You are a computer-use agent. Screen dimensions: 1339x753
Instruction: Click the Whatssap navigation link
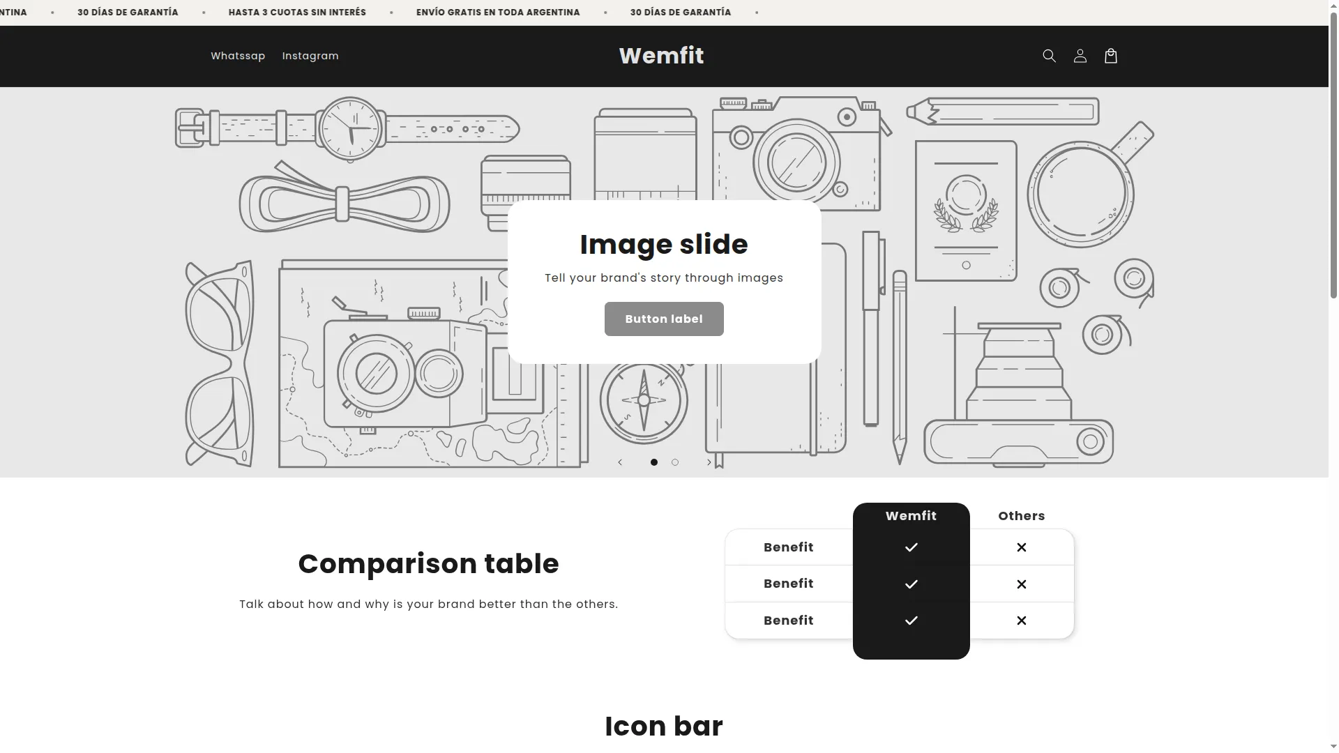(x=238, y=56)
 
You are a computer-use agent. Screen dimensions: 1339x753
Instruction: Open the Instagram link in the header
(x=310, y=56)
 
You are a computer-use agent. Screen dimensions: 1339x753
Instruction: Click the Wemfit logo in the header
(x=661, y=56)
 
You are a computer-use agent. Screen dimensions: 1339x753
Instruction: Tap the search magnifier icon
(x=1049, y=56)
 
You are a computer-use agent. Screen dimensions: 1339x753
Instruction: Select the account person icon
(x=1080, y=56)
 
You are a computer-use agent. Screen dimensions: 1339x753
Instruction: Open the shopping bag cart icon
(x=1111, y=56)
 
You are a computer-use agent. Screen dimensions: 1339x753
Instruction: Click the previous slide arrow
(x=620, y=462)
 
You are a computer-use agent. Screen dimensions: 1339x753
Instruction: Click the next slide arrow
(x=709, y=462)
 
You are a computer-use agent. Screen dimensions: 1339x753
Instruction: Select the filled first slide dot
(x=654, y=462)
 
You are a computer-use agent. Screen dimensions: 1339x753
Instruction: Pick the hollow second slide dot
(x=675, y=462)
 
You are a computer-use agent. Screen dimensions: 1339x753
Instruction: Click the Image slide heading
(x=664, y=245)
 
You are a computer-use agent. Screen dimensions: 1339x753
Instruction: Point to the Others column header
(x=1022, y=516)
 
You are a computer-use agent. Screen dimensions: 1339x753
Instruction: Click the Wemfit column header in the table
(x=911, y=516)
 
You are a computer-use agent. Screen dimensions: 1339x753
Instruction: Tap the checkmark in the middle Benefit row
(x=911, y=584)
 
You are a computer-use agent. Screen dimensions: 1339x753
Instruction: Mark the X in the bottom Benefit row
(x=1022, y=621)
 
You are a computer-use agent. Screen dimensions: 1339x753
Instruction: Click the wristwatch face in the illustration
(x=350, y=129)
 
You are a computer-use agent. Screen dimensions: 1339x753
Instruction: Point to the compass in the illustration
(x=644, y=401)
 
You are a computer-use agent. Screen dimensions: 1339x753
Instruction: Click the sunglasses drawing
(x=219, y=363)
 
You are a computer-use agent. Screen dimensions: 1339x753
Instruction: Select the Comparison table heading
(x=428, y=564)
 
